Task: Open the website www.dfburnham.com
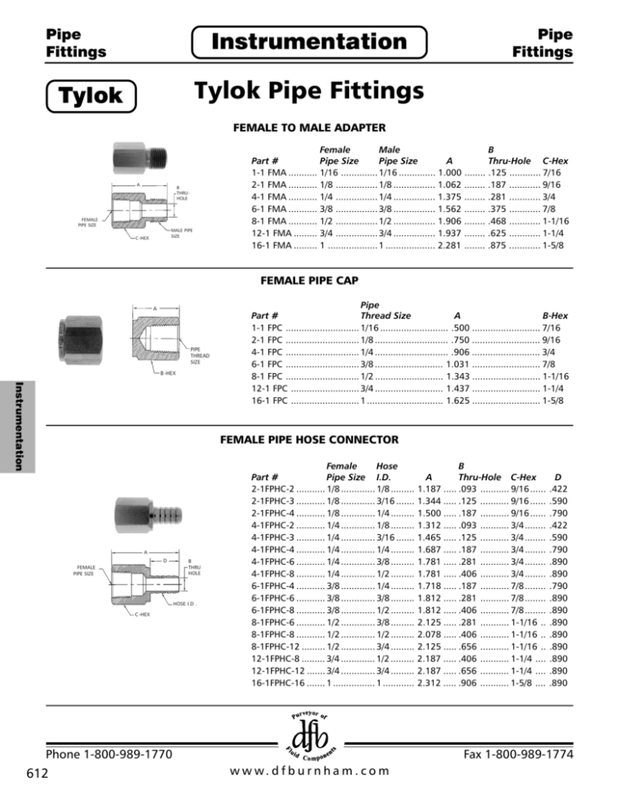click(309, 770)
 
